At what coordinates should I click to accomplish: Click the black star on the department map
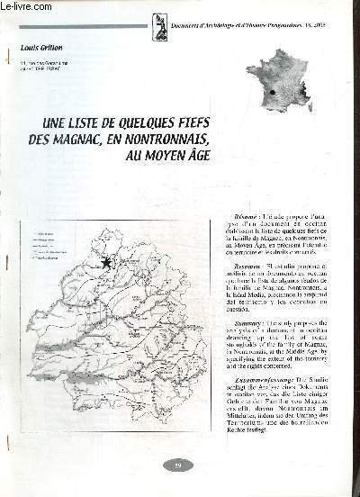(107, 262)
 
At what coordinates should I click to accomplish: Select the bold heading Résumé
(231, 219)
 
